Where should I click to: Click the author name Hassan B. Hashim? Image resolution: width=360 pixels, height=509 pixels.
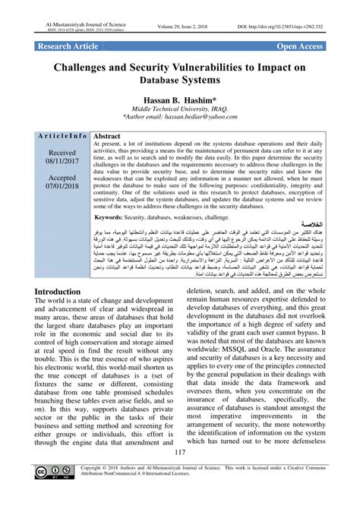point(180,99)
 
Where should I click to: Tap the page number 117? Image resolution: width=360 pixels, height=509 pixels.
point(180,475)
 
